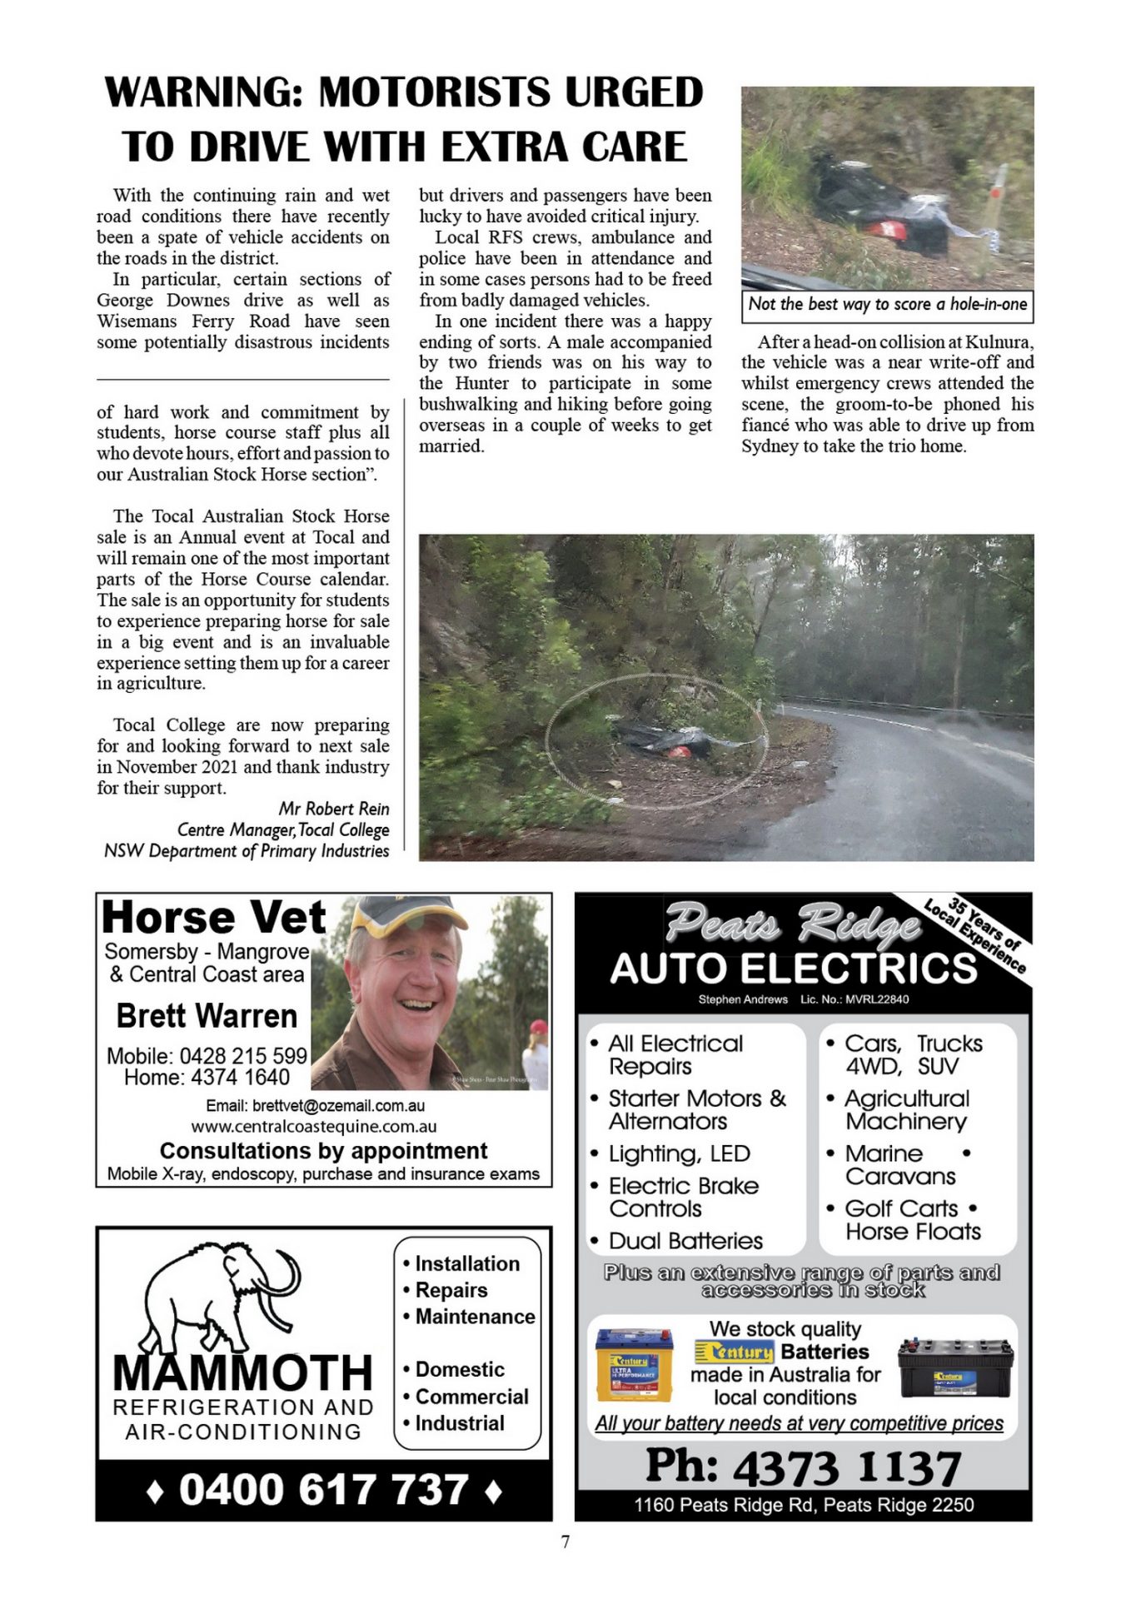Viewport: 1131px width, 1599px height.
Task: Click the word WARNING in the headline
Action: [x=205, y=92]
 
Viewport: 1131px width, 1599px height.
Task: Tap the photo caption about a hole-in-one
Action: [x=887, y=305]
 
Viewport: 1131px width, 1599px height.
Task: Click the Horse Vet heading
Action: [x=213, y=918]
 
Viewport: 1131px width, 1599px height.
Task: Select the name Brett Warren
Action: [x=207, y=1016]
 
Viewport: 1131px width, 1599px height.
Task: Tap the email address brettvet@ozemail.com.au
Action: [x=315, y=1106]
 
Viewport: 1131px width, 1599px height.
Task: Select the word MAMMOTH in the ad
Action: [x=242, y=1372]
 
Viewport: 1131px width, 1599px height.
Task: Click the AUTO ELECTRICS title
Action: [x=793, y=968]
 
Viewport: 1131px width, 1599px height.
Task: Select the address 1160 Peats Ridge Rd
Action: [x=804, y=1505]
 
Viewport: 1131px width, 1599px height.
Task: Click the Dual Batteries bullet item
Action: [x=685, y=1241]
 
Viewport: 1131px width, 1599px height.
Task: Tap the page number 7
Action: [x=565, y=1542]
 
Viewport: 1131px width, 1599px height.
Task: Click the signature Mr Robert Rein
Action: [x=333, y=809]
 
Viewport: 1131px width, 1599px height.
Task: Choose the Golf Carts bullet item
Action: [x=901, y=1208]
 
